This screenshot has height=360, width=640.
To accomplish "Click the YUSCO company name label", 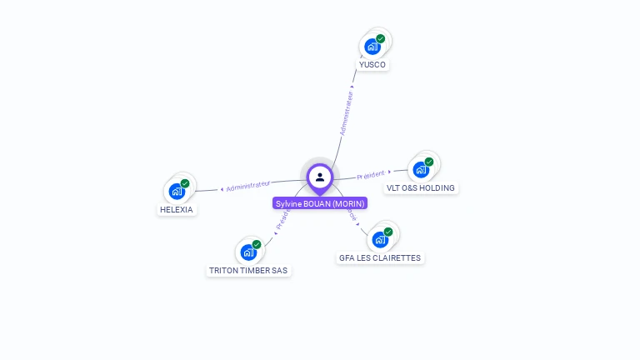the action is [x=372, y=64].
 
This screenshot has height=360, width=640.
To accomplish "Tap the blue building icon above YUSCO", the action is [x=372, y=47].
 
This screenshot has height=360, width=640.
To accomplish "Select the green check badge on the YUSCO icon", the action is [x=381, y=38].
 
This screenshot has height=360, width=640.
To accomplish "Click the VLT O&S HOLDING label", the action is [x=421, y=187].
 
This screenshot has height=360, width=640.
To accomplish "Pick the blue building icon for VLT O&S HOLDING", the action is [x=421, y=170].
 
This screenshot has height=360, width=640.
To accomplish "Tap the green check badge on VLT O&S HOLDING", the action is [x=429, y=162].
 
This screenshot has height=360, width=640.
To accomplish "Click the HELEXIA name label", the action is [x=176, y=209].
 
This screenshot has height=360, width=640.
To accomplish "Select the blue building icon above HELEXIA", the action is [x=177, y=192].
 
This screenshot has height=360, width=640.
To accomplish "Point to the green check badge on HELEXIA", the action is [x=185, y=183].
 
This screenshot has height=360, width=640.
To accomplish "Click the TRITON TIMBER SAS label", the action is [x=248, y=270].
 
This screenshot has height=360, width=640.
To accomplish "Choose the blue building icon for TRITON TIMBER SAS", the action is [x=248, y=252].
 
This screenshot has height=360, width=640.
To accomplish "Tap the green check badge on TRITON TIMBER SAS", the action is [x=257, y=244].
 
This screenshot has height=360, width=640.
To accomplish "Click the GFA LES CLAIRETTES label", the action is [x=380, y=257].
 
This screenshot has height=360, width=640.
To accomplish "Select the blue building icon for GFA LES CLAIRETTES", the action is [x=380, y=240].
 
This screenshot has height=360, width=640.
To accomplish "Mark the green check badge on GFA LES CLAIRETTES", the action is [x=388, y=232].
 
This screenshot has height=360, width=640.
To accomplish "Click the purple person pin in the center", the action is [x=320, y=177].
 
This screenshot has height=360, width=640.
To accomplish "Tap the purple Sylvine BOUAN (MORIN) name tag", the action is [x=320, y=203].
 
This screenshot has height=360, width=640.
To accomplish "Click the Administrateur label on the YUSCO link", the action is [x=347, y=113].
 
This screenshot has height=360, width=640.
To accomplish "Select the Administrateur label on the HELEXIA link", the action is [x=248, y=186].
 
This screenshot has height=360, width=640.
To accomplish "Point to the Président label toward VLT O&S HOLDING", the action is [x=371, y=175].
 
